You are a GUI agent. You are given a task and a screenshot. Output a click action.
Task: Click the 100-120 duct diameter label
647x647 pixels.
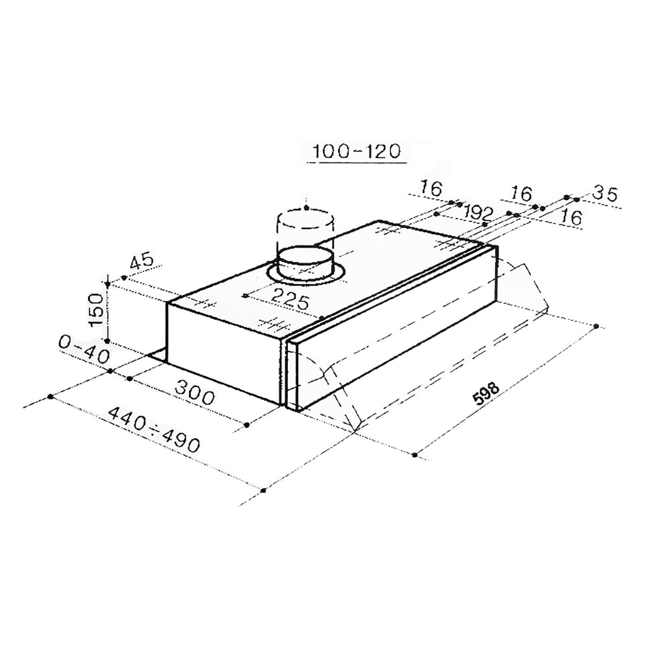[x=357, y=151]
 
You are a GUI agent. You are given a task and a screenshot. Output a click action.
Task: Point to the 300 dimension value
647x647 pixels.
[x=195, y=393]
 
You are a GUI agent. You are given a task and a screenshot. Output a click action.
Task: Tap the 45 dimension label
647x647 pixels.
[x=142, y=263]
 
